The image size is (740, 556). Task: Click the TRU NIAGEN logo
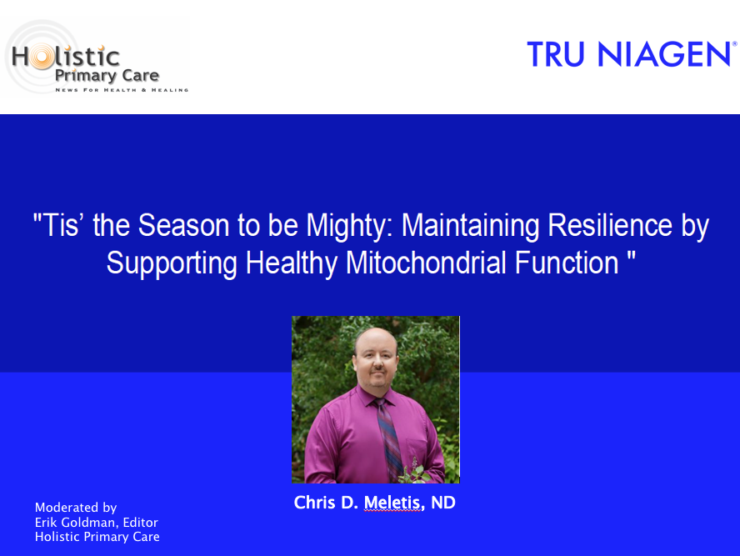click(x=632, y=54)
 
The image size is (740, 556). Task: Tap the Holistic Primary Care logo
click(x=97, y=58)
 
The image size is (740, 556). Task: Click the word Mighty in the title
click(x=346, y=225)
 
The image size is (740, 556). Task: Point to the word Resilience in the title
click(x=610, y=225)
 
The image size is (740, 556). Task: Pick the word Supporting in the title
click(x=172, y=263)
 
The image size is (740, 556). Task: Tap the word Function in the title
click(x=567, y=263)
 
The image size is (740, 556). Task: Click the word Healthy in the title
click(x=291, y=263)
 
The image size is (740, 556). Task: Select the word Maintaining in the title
click(x=470, y=226)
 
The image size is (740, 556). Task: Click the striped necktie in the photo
click(x=388, y=439)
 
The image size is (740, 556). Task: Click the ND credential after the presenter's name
click(x=443, y=503)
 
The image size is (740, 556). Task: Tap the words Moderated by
click(x=76, y=508)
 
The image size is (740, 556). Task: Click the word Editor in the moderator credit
click(x=140, y=522)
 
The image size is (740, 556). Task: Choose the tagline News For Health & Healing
click(x=122, y=90)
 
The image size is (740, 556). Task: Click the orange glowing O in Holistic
click(x=42, y=57)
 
